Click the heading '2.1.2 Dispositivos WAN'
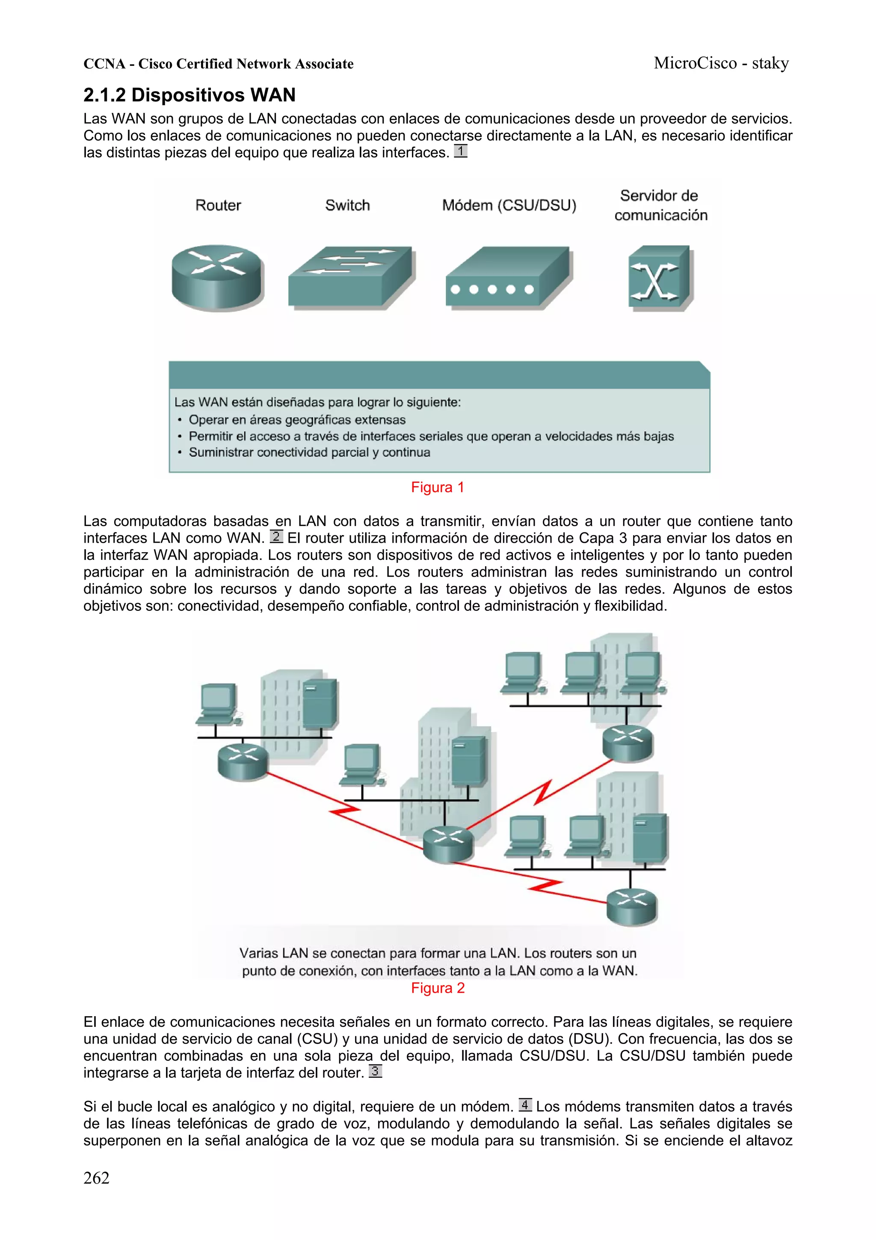(189, 95)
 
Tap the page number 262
(96, 1178)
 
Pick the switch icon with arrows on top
(350, 277)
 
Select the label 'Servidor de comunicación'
(660, 205)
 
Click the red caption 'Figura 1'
(437, 487)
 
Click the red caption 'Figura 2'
(437, 988)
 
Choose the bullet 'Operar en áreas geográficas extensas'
(297, 419)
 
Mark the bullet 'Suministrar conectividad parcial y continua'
(309, 452)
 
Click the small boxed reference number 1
(460, 151)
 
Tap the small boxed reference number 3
(375, 1071)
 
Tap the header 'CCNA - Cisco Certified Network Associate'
(218, 64)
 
